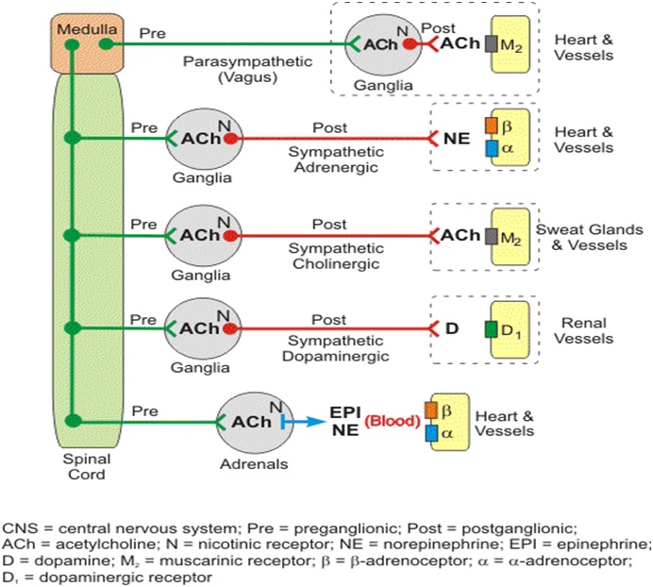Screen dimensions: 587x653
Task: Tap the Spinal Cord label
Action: [x=86, y=466]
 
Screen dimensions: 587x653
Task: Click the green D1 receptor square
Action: [x=491, y=329]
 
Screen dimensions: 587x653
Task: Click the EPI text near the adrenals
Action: [x=343, y=413]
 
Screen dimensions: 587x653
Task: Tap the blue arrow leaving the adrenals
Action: [x=304, y=422]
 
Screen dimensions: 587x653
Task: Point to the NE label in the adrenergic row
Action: [x=456, y=139]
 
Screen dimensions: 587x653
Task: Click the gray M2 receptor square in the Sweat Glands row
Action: [x=491, y=235]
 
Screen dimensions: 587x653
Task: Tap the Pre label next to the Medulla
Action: [x=152, y=32]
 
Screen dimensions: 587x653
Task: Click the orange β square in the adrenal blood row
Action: [x=431, y=411]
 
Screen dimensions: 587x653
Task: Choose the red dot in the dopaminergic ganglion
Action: [x=230, y=327]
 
